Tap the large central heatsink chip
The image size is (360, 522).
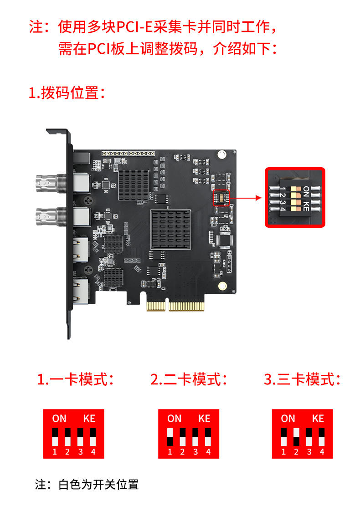[x=170, y=230]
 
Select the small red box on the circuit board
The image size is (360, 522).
[x=221, y=198]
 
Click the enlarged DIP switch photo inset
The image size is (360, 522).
[x=295, y=197]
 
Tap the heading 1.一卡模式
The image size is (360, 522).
[x=75, y=379]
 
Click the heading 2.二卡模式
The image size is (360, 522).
[x=189, y=379]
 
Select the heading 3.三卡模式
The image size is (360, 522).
[x=303, y=379]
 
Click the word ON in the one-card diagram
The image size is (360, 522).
[x=59, y=419]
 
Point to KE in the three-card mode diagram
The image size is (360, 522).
[x=318, y=419]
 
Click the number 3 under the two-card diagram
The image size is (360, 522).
[x=195, y=452]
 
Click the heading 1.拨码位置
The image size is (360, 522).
[x=67, y=93]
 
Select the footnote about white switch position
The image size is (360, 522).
[x=87, y=484]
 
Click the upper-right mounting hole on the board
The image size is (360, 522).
[x=222, y=154]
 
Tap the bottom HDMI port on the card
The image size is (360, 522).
[x=81, y=291]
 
